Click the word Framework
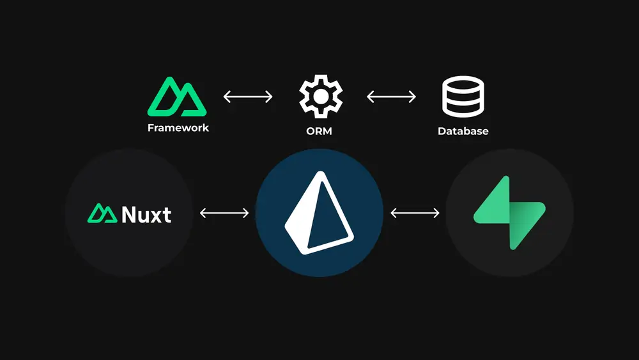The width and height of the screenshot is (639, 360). click(x=178, y=127)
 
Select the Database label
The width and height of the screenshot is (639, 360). click(x=463, y=131)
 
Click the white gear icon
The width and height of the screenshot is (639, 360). click(x=321, y=97)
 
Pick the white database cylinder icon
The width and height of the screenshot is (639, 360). click(x=464, y=97)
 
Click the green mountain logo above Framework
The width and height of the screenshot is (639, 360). click(x=178, y=97)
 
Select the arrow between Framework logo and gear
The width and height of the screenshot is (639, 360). click(x=248, y=97)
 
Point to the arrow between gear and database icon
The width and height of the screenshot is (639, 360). click(x=391, y=97)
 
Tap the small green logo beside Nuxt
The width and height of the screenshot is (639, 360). click(x=102, y=214)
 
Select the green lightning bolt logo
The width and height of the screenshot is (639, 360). click(x=509, y=213)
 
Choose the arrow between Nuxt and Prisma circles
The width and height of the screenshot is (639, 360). click(x=224, y=213)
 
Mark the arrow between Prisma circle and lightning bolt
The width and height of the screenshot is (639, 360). click(x=415, y=213)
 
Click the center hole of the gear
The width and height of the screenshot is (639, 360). click(x=321, y=97)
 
